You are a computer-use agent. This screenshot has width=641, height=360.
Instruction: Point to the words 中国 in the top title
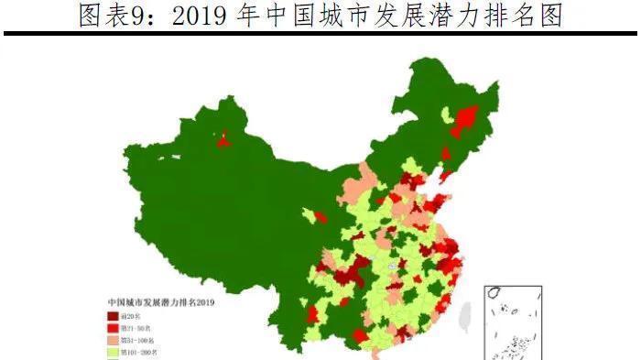(x=315, y=15)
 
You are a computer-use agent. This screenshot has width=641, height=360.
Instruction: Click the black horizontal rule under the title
(x=320, y=34)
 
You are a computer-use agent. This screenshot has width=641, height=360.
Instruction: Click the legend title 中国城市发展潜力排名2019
(x=161, y=301)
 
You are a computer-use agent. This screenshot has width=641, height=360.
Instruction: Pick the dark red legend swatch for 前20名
(x=113, y=315)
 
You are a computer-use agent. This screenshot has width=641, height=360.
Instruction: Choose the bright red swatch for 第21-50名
(x=113, y=327)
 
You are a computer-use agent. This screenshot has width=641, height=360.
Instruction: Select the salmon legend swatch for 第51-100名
(x=113, y=339)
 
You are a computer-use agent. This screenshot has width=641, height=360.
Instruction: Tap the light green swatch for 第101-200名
(x=113, y=351)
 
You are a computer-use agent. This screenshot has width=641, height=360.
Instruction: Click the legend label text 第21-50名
(x=138, y=327)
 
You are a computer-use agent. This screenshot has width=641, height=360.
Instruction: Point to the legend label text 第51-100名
(x=140, y=339)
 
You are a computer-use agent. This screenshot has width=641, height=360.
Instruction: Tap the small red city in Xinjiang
(x=223, y=139)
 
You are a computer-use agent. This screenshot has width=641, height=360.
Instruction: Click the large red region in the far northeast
(x=465, y=119)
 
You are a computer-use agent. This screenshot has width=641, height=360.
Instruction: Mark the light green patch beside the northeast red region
(x=447, y=115)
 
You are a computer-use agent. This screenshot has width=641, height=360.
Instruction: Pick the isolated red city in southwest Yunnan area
(x=312, y=314)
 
